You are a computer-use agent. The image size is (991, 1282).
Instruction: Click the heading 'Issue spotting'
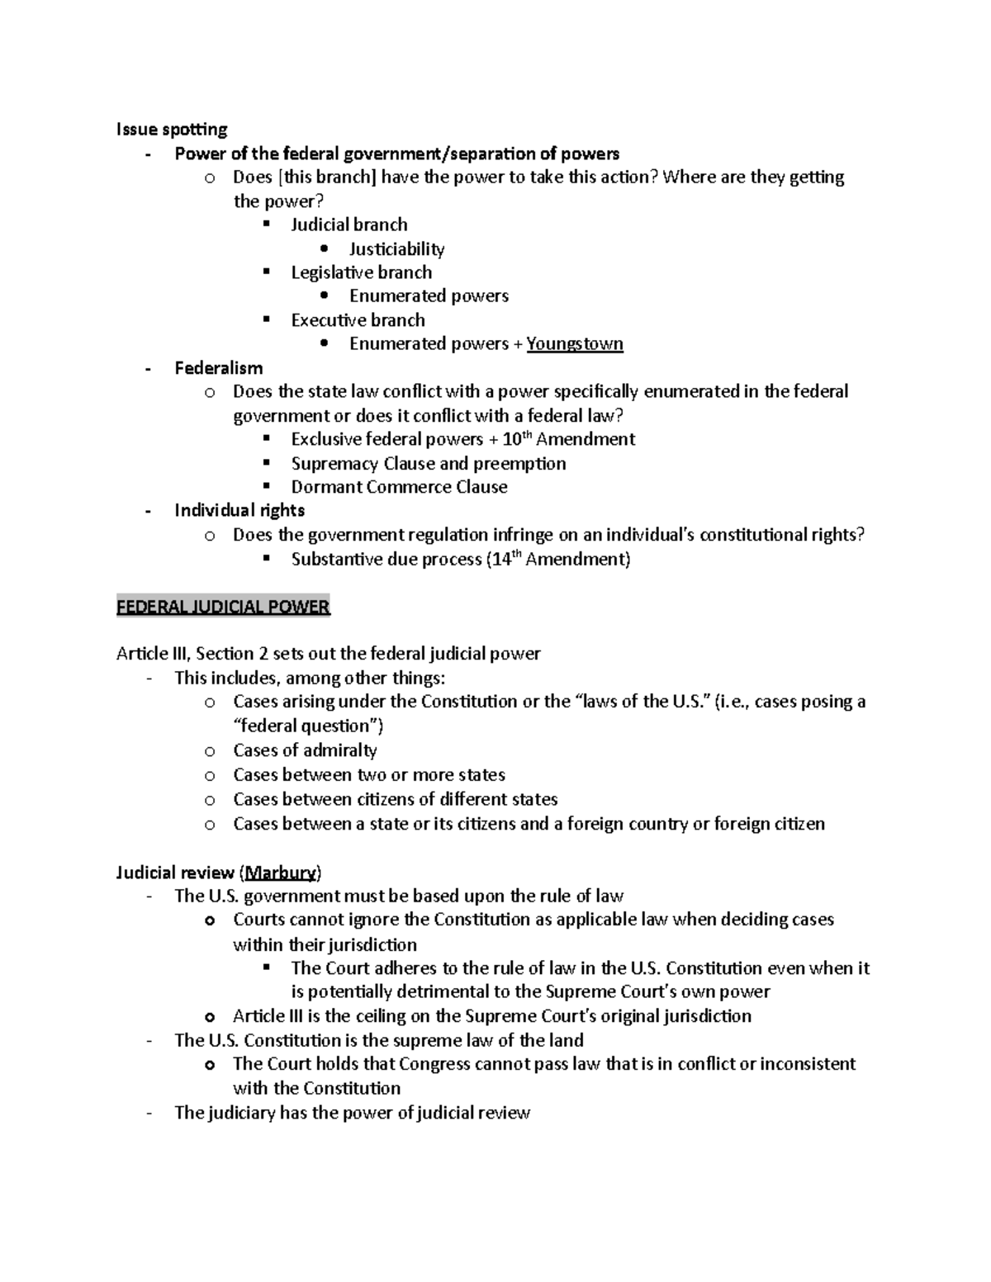pyautogui.click(x=172, y=129)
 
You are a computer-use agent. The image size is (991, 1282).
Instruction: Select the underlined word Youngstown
pyautogui.click(x=575, y=343)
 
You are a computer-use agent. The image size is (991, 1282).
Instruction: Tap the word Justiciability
pyautogui.click(x=396, y=248)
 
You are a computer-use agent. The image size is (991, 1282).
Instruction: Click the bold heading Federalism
pyautogui.click(x=219, y=368)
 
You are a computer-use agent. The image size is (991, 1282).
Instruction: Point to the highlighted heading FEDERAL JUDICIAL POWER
pyautogui.click(x=223, y=607)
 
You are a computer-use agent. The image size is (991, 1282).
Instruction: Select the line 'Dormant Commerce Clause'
pyautogui.click(x=399, y=487)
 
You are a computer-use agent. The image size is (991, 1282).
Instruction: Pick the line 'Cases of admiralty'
pyautogui.click(x=305, y=750)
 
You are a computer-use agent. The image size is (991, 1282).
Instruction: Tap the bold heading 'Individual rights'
pyautogui.click(x=239, y=510)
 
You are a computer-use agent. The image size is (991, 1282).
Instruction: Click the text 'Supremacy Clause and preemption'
pyautogui.click(x=428, y=463)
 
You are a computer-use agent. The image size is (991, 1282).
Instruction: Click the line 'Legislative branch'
pyautogui.click(x=361, y=272)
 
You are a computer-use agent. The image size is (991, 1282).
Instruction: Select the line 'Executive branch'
pyautogui.click(x=358, y=320)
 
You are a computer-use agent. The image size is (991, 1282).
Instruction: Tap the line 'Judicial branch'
pyautogui.click(x=349, y=225)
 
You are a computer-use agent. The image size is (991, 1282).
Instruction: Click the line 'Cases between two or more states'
pyautogui.click(x=368, y=774)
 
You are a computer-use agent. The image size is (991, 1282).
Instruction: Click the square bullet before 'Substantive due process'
pyautogui.click(x=266, y=559)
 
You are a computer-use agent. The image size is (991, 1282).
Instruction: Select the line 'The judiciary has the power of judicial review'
pyautogui.click(x=352, y=1113)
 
